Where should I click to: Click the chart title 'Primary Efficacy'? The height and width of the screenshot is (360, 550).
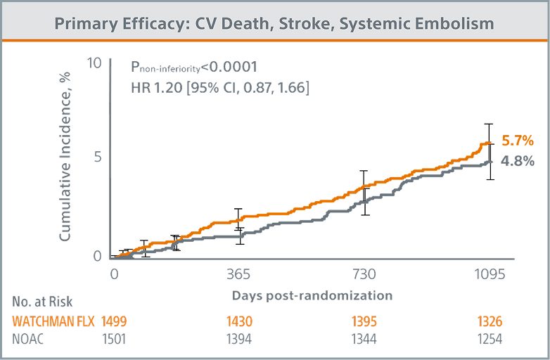(x=274, y=23)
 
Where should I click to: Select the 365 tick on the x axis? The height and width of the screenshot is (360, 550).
(x=239, y=275)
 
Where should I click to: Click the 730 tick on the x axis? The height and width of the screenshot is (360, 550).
(x=364, y=275)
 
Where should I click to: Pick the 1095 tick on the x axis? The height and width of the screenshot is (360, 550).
(x=489, y=275)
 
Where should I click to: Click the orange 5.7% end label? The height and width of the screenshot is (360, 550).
(x=518, y=141)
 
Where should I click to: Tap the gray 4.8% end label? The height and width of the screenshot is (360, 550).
(x=518, y=161)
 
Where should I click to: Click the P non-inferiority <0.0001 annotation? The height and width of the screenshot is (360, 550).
(x=194, y=67)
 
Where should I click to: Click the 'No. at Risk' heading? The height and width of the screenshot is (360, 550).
(x=42, y=303)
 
